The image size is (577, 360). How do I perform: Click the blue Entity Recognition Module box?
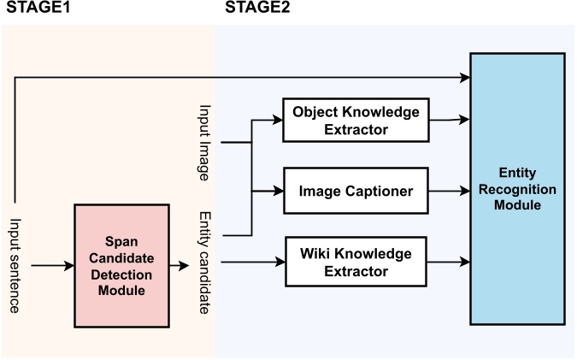point(517,189)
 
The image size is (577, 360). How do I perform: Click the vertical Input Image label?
point(205,144)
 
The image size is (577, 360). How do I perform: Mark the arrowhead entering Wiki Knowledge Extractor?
point(278,262)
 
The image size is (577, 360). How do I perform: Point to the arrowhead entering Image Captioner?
point(278,191)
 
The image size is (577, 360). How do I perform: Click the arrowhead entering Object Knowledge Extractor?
point(278,120)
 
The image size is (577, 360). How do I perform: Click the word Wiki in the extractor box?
point(317,254)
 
